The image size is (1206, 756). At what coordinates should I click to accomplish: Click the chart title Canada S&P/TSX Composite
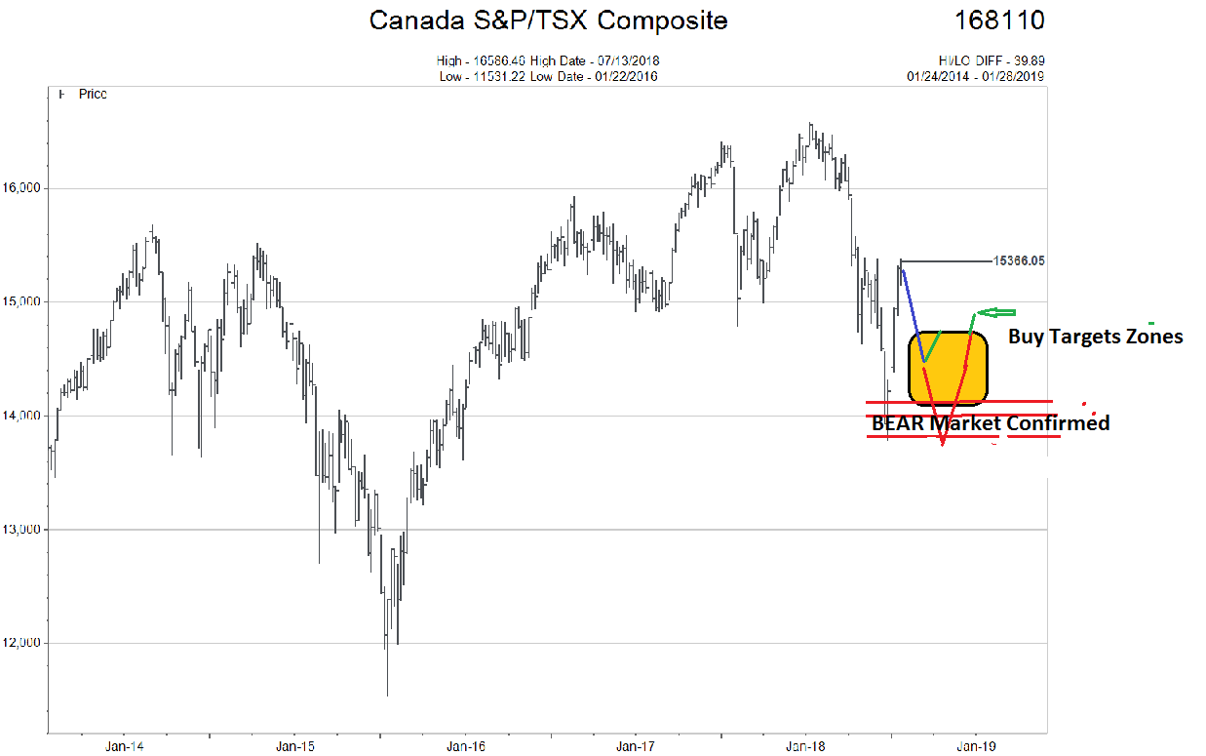tap(548, 20)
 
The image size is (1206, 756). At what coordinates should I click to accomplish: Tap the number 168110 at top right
tap(999, 20)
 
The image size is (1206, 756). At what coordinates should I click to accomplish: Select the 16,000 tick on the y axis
tap(22, 188)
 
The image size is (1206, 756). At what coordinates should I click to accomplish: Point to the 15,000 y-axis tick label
tap(22, 302)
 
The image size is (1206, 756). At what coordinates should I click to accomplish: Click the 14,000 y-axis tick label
tap(22, 417)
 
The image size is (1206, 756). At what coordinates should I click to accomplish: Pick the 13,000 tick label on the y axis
tap(22, 530)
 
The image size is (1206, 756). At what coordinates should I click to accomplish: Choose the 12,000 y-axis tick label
tap(22, 644)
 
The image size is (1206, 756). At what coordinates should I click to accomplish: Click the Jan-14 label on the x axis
tap(124, 746)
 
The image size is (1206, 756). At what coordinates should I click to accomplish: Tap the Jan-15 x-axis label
tap(294, 746)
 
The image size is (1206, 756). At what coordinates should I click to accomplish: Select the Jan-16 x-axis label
tap(465, 746)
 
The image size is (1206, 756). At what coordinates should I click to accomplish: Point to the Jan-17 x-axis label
tap(636, 746)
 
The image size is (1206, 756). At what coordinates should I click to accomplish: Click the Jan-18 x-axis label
tap(806, 746)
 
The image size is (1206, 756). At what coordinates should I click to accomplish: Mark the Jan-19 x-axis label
tap(976, 746)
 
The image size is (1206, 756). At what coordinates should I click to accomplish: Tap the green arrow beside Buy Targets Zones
tap(996, 313)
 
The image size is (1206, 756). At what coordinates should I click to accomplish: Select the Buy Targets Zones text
tap(1095, 337)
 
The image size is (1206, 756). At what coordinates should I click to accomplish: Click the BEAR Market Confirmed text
tap(990, 424)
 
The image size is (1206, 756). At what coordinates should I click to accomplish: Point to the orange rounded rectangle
tap(949, 367)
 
